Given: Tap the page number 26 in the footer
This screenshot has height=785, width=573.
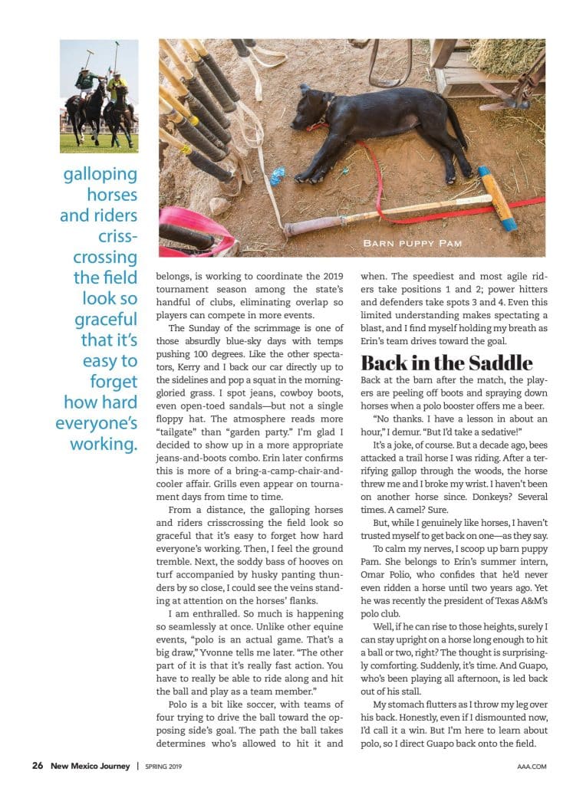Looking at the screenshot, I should point(37,765).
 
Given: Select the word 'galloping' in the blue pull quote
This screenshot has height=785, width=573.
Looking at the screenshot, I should point(100,174).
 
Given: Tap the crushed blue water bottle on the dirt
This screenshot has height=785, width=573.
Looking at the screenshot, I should point(277,176).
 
